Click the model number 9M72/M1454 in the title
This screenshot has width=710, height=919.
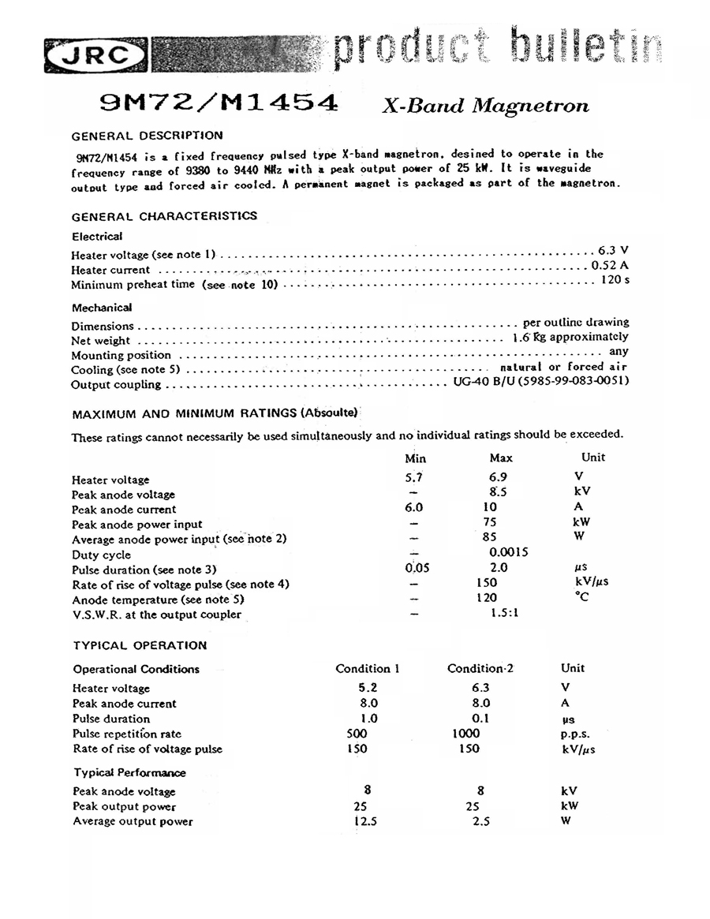220,103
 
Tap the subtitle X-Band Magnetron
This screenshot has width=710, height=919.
485,105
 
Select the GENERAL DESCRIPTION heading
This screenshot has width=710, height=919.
147,135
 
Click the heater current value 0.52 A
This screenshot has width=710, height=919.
610,265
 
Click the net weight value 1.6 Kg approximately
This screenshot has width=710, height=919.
570,337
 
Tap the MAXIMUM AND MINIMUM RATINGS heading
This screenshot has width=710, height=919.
215,413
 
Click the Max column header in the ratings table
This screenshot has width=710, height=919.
501,458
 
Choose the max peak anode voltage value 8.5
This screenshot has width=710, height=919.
497,491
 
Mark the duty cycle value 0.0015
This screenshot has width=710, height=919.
509,552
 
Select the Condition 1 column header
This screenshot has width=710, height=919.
368,668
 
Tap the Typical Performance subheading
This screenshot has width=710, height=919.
130,772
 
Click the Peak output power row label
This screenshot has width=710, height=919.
124,806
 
